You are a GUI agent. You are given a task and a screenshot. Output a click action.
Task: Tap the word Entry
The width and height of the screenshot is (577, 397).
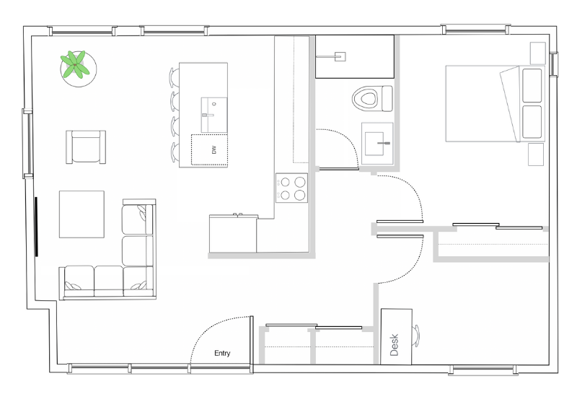coord(222,353)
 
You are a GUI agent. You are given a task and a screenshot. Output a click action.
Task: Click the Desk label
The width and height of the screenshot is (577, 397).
coord(394,345)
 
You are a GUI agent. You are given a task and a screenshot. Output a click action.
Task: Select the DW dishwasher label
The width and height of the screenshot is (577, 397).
coord(213,150)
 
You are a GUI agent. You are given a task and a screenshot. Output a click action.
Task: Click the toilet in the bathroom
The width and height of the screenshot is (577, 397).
coord(372,99)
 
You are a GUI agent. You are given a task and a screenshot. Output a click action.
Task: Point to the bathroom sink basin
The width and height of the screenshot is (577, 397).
coord(374,144)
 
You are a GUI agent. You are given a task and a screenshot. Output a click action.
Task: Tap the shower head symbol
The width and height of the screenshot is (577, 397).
coord(339,57)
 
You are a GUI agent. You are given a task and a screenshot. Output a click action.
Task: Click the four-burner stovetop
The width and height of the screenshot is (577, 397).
coord(292,188)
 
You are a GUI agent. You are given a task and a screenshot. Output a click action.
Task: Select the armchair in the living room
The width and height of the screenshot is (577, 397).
coord(86,147)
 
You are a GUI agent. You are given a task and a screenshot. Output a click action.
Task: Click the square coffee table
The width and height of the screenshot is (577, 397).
coord(82,214)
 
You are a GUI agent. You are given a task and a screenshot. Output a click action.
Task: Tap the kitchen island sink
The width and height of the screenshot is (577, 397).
coord(213,115)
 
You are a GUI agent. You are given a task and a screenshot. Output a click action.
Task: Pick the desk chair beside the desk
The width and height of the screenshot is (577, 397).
coord(416,336)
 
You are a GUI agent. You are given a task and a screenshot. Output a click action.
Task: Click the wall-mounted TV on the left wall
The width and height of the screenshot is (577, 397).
coord(37,227)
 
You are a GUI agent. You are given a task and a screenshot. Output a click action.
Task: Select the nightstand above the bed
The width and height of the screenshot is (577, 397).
coord(537,53)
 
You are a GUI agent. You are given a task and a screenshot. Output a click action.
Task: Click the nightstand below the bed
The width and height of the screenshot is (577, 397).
coord(536,154)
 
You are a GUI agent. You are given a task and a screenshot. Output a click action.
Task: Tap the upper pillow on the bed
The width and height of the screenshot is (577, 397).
coord(532,85)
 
